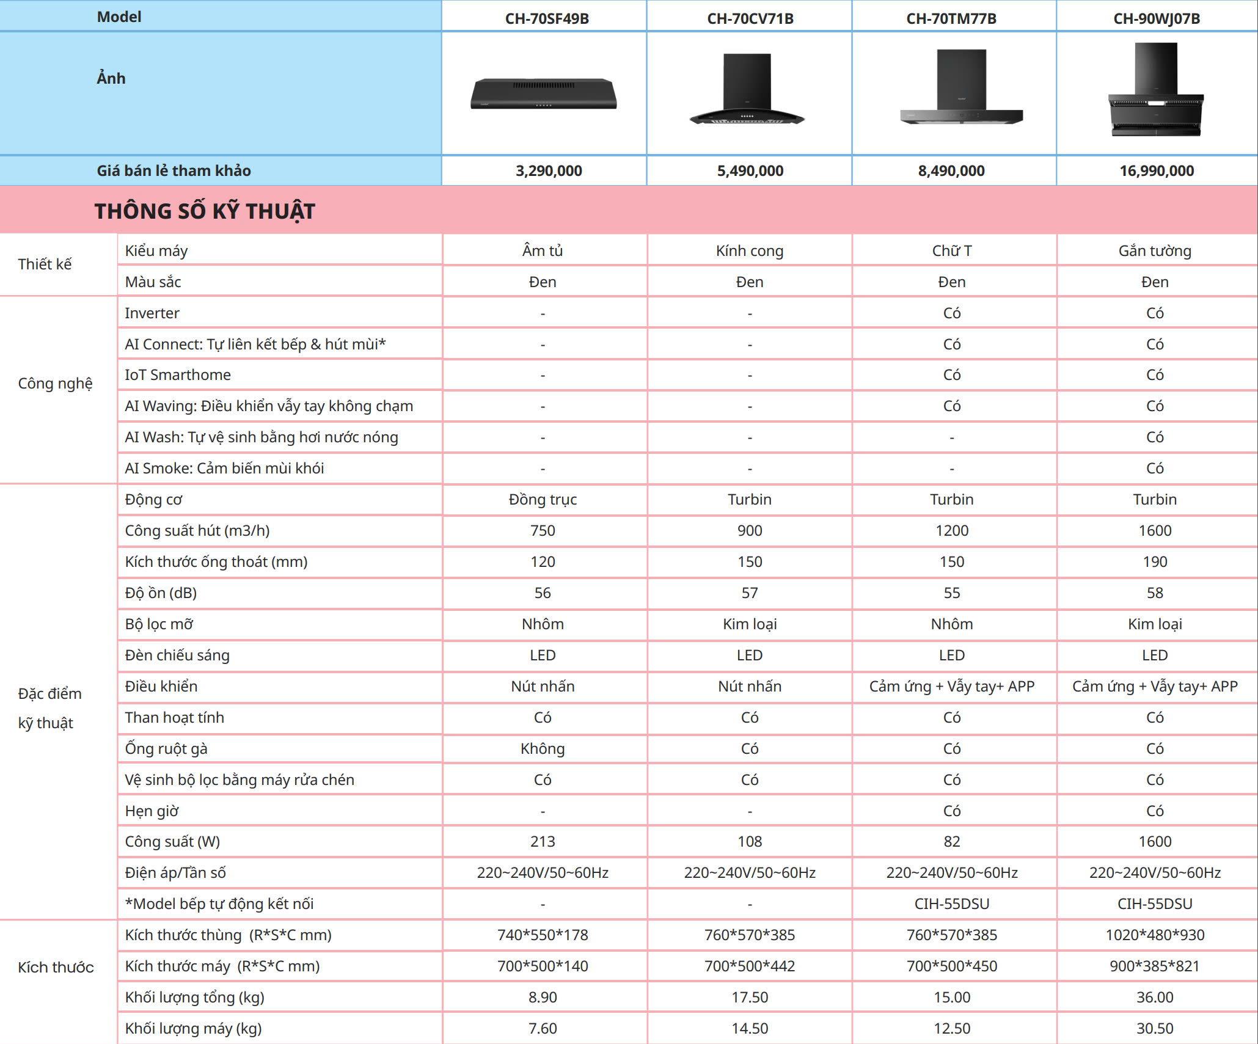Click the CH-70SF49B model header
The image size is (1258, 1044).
click(x=547, y=18)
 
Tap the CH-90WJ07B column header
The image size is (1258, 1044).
click(x=1157, y=18)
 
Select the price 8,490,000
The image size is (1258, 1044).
click(x=951, y=171)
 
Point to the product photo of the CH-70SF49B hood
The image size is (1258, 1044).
click(x=543, y=94)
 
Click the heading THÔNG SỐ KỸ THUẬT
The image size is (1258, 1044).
click(x=205, y=211)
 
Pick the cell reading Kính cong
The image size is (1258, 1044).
click(x=750, y=250)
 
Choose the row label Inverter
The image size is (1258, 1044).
click(x=152, y=313)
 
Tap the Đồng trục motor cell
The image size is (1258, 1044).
click(x=543, y=499)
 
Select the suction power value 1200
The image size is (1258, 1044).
click(x=952, y=530)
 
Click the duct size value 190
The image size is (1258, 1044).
click(x=1155, y=561)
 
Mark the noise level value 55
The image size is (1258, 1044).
click(x=952, y=593)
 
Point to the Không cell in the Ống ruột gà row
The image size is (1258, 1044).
click(x=543, y=748)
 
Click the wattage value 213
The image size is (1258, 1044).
click(x=543, y=841)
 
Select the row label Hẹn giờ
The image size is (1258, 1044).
click(x=152, y=811)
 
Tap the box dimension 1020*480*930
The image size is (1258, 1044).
click(x=1155, y=935)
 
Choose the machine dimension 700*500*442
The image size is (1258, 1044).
click(x=750, y=966)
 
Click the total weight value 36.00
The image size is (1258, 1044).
click(x=1155, y=997)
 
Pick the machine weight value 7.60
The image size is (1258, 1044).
click(x=543, y=1028)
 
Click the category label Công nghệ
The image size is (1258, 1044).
click(x=56, y=383)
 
